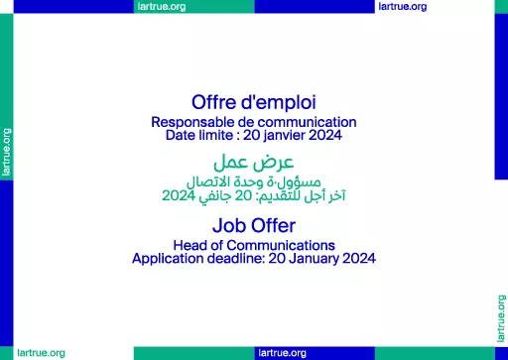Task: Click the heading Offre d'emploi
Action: (x=254, y=102)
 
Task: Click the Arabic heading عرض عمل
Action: (x=254, y=163)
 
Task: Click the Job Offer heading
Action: (x=254, y=225)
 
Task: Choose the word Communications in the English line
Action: (x=281, y=246)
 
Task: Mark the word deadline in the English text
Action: (x=236, y=258)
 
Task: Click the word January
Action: (x=314, y=259)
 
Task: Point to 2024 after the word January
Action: (x=359, y=258)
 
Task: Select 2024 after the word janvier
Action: (x=325, y=135)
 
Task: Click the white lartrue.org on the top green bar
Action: (x=162, y=7)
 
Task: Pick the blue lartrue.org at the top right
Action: (x=403, y=7)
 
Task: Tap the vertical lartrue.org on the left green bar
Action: (x=7, y=152)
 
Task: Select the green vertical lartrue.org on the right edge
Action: (x=501, y=318)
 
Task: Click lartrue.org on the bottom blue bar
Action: (x=282, y=353)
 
